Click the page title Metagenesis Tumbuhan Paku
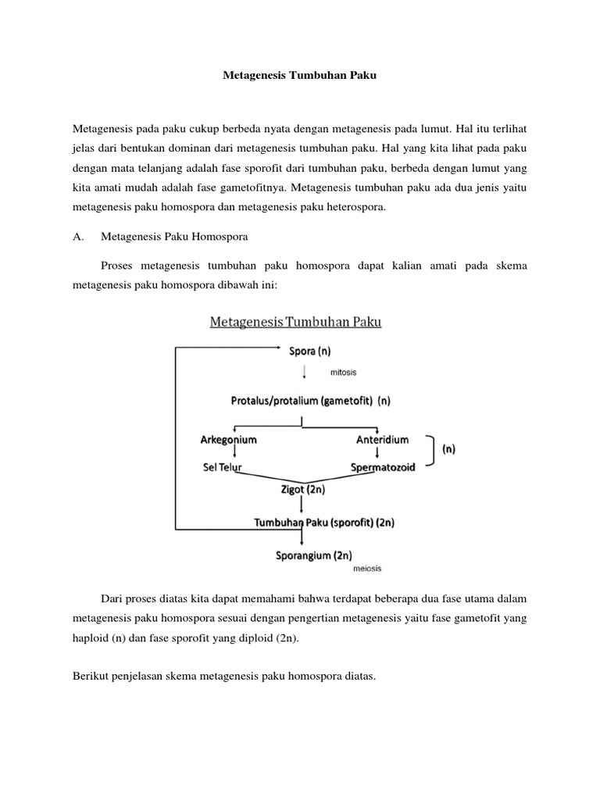coord(300,77)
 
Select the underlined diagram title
coord(295,322)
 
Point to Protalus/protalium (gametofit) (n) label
coord(309,400)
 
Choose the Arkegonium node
coord(228,440)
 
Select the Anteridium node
coord(380,440)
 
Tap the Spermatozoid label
coord(382,467)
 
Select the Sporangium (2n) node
coord(312,556)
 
